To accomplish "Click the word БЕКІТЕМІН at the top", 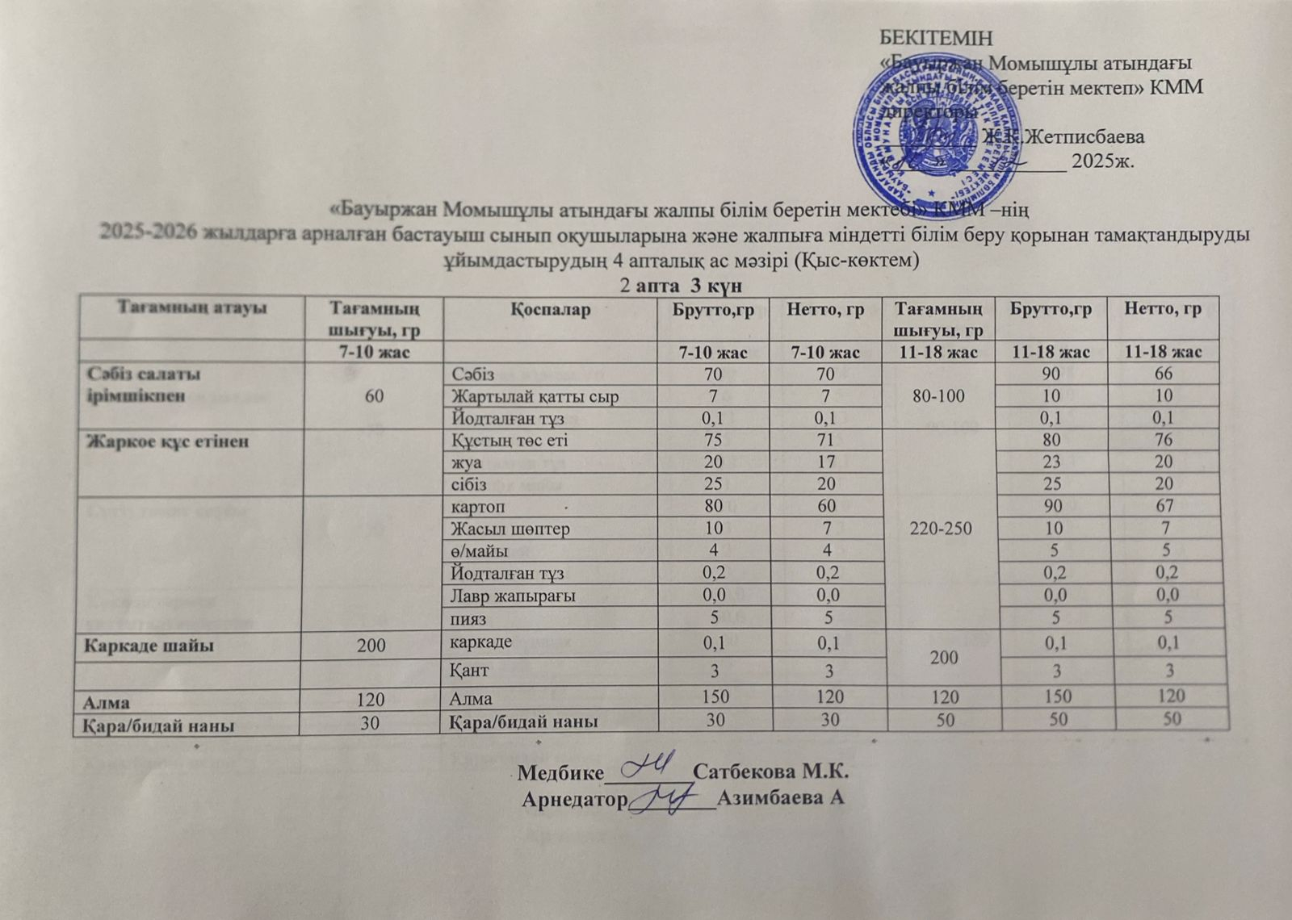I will [x=934, y=38].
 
